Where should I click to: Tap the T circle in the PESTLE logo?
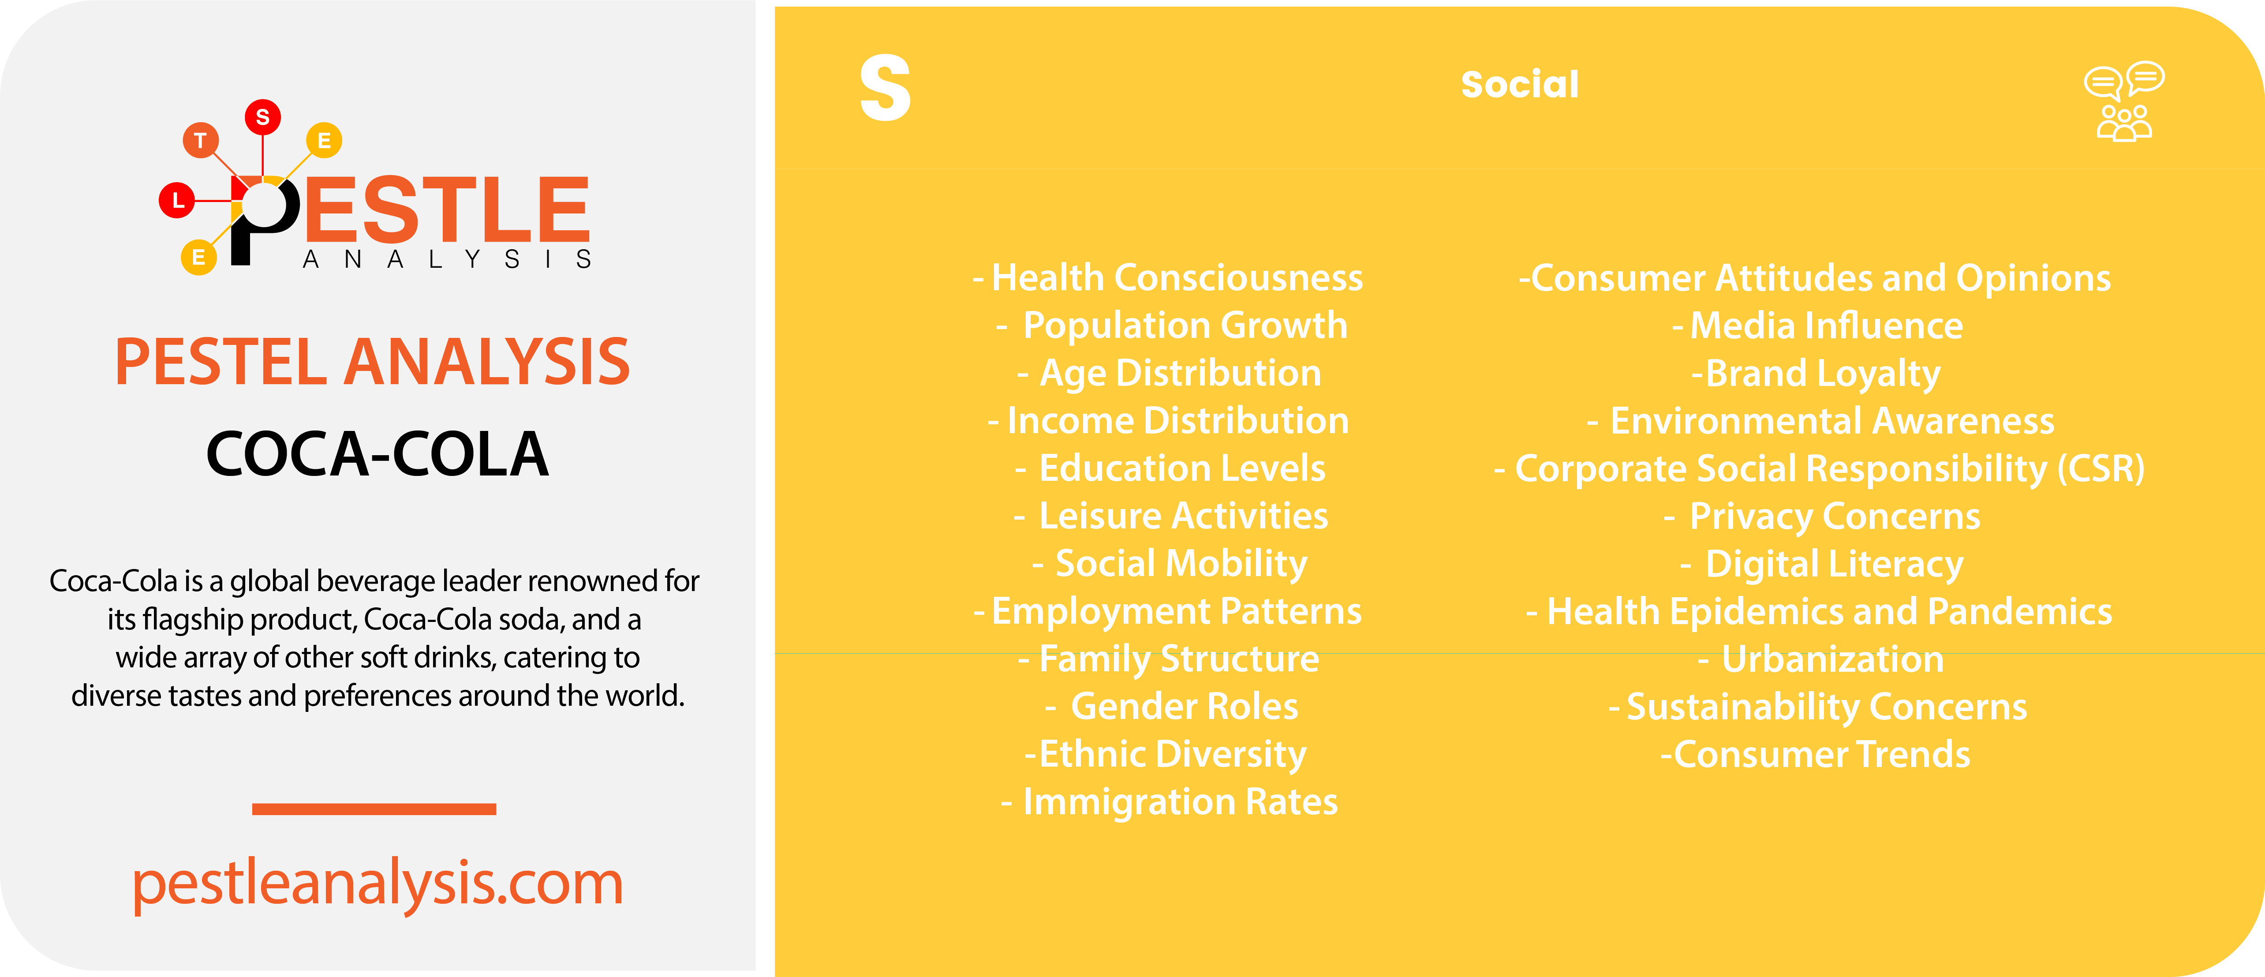click(x=201, y=140)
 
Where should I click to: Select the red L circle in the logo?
click(x=178, y=200)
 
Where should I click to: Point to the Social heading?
click(x=1519, y=84)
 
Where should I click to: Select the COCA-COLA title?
click(x=377, y=455)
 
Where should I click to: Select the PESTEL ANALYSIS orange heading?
click(x=373, y=362)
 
